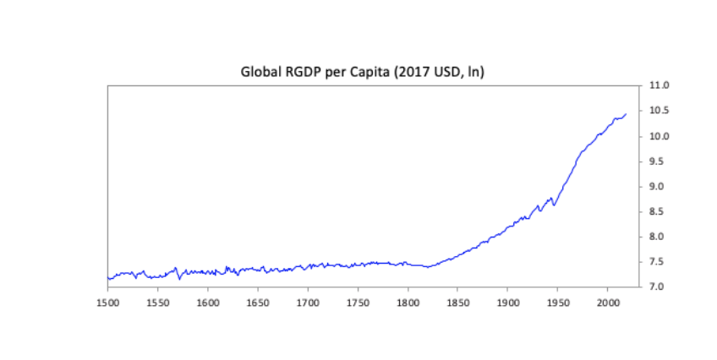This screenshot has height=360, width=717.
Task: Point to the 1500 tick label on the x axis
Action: (x=107, y=301)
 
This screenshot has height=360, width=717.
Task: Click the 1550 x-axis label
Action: (x=157, y=301)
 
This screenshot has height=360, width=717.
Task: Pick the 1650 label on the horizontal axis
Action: (x=258, y=301)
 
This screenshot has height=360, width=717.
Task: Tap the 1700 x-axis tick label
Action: (x=308, y=301)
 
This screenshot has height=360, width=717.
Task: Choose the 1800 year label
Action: (x=408, y=301)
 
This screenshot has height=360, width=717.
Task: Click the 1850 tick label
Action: (x=457, y=301)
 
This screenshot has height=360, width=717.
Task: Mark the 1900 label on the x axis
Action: (x=507, y=301)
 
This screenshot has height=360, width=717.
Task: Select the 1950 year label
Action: (x=557, y=301)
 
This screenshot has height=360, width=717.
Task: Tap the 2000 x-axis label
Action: (x=607, y=301)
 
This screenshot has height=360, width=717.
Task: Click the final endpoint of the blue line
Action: (x=626, y=113)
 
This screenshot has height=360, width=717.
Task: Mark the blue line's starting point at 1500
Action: (x=108, y=278)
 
